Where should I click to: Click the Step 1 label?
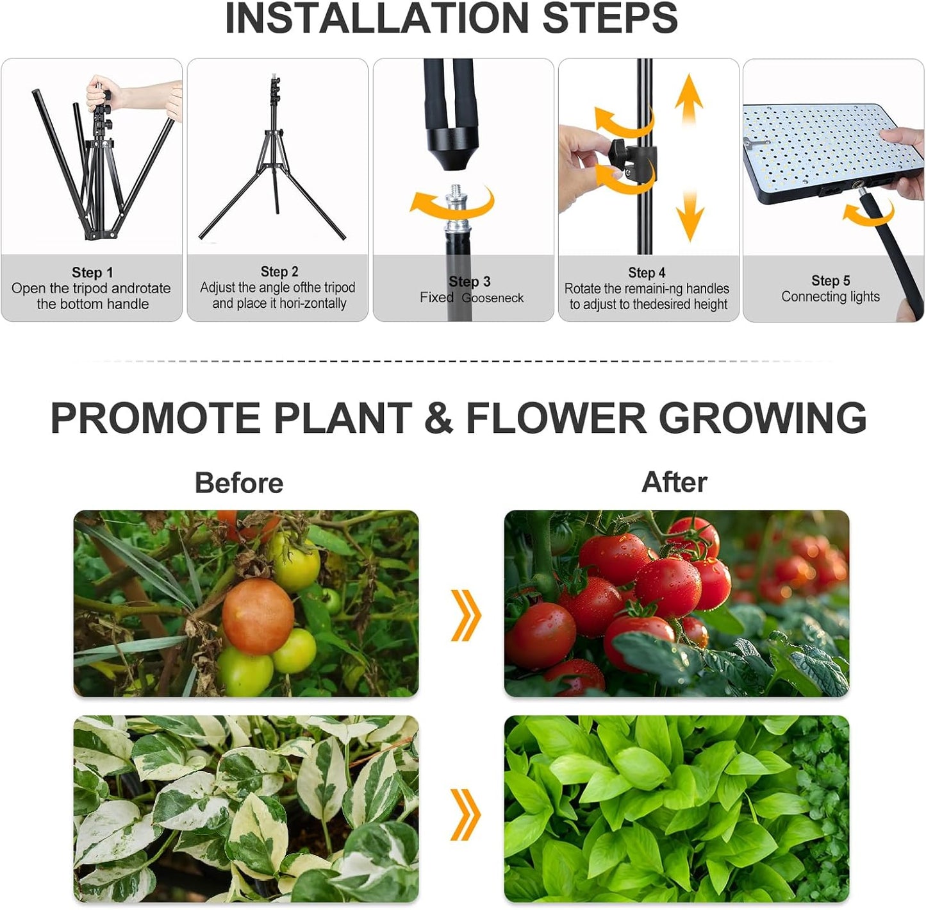pos(92,273)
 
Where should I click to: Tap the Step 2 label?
pos(279,272)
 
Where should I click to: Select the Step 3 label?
pos(470,282)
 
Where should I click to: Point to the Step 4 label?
pos(647,273)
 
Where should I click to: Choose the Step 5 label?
pos(831,281)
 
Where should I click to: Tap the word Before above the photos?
pos(239,483)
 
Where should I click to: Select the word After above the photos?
pos(674,482)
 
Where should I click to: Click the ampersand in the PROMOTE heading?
pos(438,418)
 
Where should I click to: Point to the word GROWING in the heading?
pos(763,418)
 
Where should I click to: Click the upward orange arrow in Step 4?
pos(689,99)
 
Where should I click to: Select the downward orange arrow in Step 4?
pos(690,215)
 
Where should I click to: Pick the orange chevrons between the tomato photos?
pos(466,615)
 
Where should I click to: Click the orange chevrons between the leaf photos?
pos(466,814)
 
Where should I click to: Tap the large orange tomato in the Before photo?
pos(258,616)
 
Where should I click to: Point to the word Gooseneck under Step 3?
pos(493,298)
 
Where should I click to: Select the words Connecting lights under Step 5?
pos(831,297)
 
